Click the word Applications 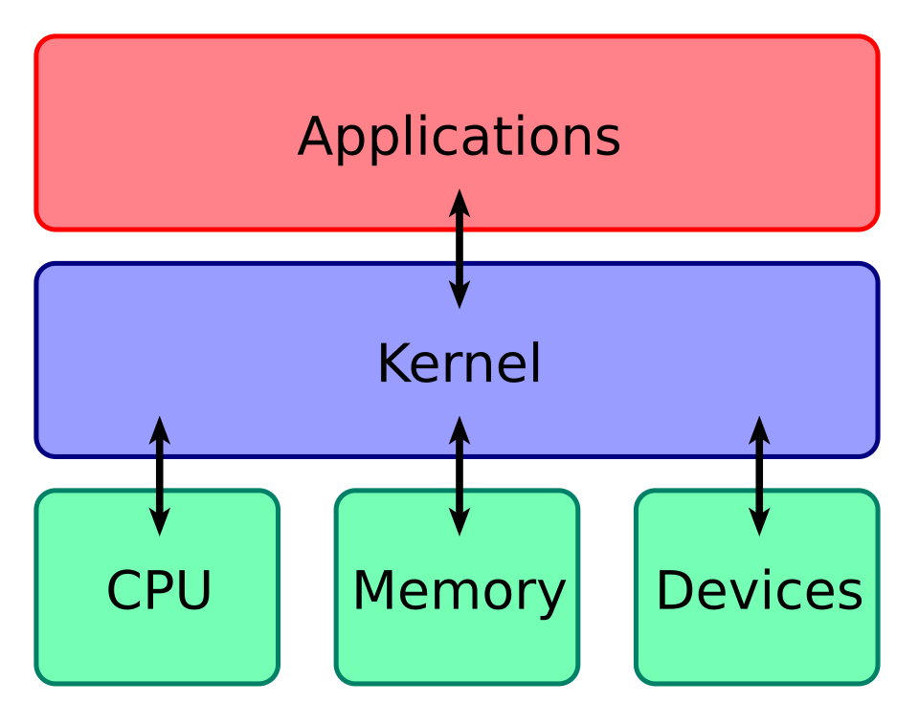pos(459,137)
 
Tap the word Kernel pos(459,364)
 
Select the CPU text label pos(158,590)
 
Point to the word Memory pos(459,590)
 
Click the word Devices pos(758,590)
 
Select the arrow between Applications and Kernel pos(459,249)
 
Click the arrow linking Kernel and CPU pos(160,475)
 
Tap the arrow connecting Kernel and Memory pos(459,475)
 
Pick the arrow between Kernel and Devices pos(759,475)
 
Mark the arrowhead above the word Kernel pos(459,297)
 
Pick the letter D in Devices pos(676,590)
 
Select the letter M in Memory pos(374,590)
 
